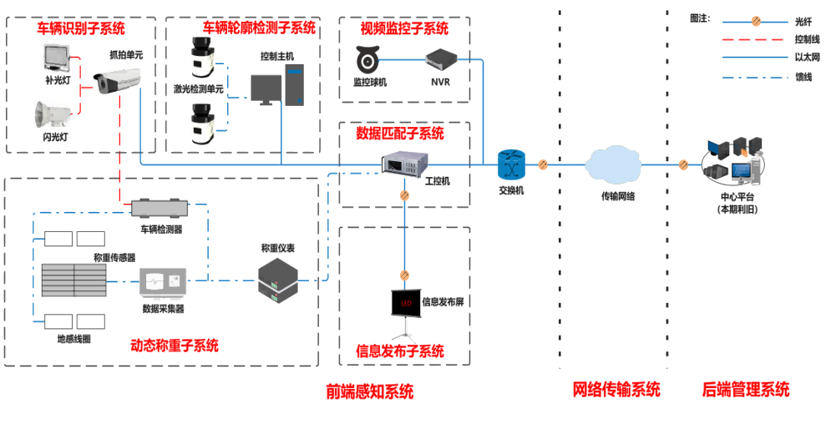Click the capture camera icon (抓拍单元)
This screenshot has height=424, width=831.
pos(116,81)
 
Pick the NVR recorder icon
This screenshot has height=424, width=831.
pos(439,60)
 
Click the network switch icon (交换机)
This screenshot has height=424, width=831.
pos(509,164)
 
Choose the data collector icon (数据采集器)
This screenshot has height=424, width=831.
pos(162,283)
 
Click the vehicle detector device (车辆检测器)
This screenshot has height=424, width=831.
pos(160,206)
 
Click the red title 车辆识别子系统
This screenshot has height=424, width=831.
pos(80,28)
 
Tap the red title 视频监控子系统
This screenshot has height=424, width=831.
pos(404,28)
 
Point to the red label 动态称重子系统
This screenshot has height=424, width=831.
pos(175,345)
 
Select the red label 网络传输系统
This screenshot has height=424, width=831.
pos(616,389)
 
